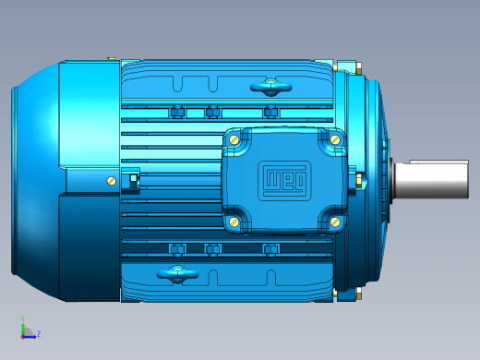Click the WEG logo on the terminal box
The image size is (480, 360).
pos(284,181)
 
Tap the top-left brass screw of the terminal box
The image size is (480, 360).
pos(234,140)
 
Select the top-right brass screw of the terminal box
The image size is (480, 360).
pos(335,140)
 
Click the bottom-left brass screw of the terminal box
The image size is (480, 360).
pos(234,222)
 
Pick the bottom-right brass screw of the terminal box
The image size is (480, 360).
pos(335,222)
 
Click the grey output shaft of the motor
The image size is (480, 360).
pos(431,179)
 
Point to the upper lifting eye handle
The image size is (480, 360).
pos(271,87)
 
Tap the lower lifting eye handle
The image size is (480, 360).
pos(177,274)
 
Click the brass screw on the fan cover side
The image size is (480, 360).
pos(112,181)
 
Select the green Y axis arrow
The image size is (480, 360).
pos(23,326)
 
